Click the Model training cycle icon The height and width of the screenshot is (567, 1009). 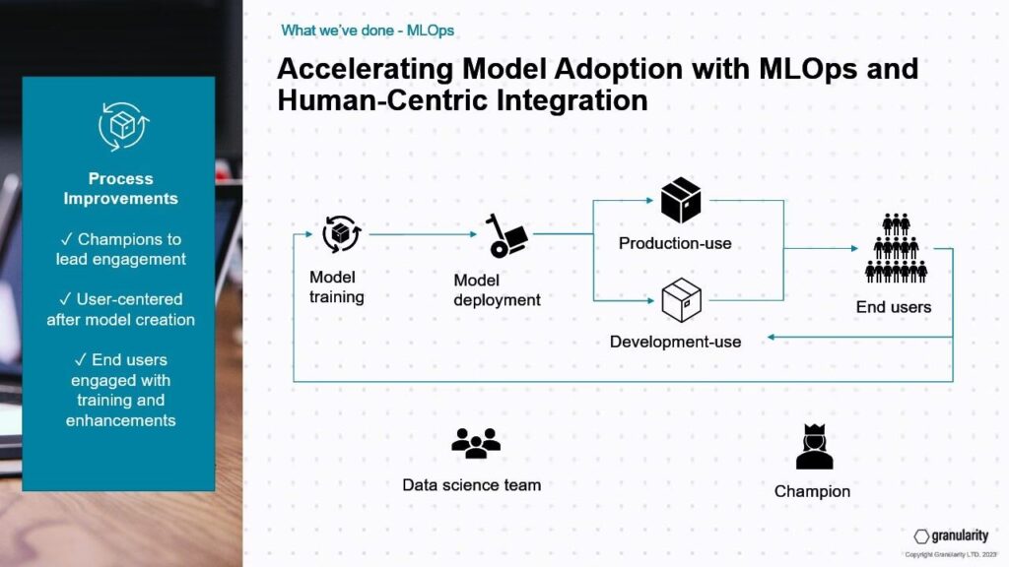point(341,234)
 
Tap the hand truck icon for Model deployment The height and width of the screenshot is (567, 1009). point(506,236)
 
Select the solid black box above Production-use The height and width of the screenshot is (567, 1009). point(681,200)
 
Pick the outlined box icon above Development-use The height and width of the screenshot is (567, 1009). point(682,299)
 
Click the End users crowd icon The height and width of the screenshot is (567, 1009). point(896,248)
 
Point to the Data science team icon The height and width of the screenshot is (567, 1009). point(476,443)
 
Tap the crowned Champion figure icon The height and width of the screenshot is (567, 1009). point(815,446)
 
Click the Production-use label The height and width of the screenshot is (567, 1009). point(675,244)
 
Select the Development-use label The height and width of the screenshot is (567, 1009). point(676,342)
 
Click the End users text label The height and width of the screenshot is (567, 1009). point(894,307)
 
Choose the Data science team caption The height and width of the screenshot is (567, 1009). point(472,485)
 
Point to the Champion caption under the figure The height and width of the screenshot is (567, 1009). point(812,492)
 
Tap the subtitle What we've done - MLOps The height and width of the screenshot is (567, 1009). point(368,31)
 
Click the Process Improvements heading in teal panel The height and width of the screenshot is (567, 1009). point(121,188)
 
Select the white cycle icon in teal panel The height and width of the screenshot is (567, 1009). point(123,126)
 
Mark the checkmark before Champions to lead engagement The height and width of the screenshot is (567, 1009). point(66,239)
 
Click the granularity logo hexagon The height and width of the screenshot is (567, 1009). point(921,536)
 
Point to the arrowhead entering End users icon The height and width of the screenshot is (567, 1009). point(854,248)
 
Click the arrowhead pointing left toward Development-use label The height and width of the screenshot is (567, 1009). point(771,337)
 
